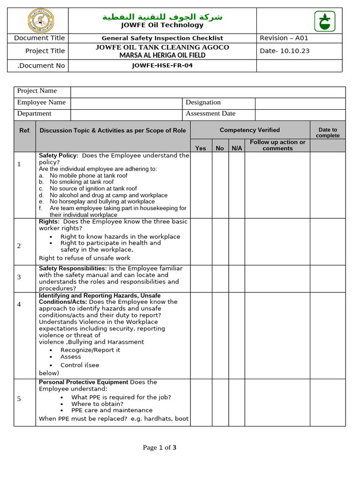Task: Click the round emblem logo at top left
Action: [x=37, y=21]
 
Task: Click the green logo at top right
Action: [x=322, y=21]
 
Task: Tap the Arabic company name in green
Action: [x=162, y=17]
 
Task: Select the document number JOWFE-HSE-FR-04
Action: [x=162, y=66]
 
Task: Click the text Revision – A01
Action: [x=284, y=38]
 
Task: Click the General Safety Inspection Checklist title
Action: [x=162, y=38]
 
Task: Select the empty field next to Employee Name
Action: [x=126, y=103]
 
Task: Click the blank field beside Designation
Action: [x=300, y=103]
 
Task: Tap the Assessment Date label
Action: [x=210, y=113]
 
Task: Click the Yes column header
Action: [x=200, y=148]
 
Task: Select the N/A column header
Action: [x=237, y=148]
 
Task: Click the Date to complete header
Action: [x=327, y=133]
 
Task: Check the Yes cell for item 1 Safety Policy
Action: [x=201, y=185]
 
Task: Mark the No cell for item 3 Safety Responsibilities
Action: [x=220, y=278]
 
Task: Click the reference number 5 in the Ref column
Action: [x=19, y=399]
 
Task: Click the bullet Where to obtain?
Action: [x=97, y=404]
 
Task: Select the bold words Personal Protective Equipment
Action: [x=83, y=382]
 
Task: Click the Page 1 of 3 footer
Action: [x=159, y=448]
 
